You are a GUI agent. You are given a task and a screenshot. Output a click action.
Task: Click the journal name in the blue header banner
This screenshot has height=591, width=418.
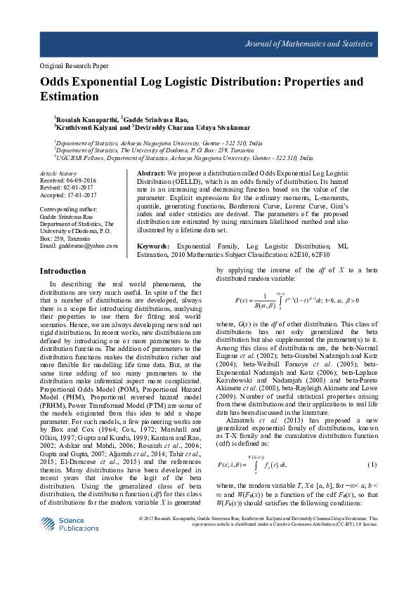coord(308,44)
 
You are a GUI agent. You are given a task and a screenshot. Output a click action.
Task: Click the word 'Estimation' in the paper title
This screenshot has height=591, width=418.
coord(69,96)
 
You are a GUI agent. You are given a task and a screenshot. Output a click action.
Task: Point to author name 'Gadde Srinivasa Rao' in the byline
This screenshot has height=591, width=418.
coord(155,120)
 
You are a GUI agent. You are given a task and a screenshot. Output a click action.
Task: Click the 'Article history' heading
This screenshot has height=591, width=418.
coord(58,173)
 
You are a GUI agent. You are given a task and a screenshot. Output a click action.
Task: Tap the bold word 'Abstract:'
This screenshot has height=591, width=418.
coord(151,173)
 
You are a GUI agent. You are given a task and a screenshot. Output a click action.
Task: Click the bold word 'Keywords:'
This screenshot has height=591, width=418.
coord(152,246)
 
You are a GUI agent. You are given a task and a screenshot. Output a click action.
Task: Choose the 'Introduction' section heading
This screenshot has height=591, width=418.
coord(63,271)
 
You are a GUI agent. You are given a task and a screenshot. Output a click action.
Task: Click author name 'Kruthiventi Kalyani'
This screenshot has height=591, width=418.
coord(84,128)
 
